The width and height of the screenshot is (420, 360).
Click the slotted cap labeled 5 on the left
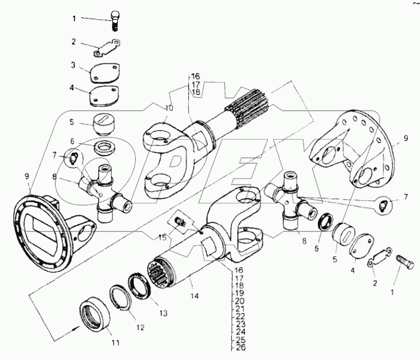point(103,123)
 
